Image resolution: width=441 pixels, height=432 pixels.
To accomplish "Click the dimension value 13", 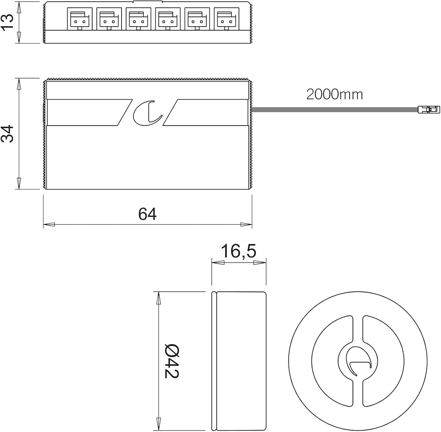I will tap(7, 21).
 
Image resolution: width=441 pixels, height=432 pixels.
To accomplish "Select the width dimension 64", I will tap(147, 214).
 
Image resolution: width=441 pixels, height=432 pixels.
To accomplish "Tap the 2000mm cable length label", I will tap(335, 95).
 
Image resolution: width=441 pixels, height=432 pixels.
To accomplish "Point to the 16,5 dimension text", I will tap(238, 251).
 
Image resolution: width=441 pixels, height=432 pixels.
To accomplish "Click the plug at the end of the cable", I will tap(429, 110).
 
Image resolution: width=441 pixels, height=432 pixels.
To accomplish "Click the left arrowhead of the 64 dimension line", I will tap(49, 224).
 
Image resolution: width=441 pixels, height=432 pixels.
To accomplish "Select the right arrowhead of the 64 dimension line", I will tap(246, 224).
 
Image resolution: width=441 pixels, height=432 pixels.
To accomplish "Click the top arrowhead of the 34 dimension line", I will tap(19, 84).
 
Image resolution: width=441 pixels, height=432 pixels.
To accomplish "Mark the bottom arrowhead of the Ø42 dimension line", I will tap(159, 424).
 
